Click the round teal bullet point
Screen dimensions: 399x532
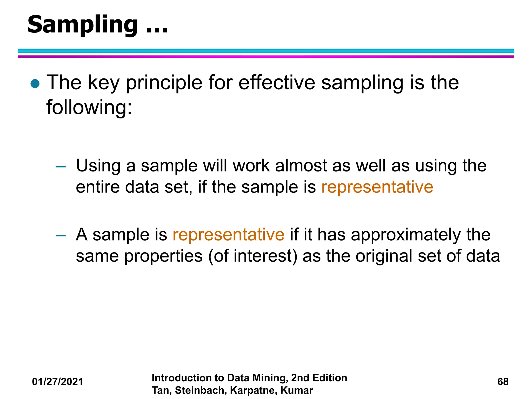pos(35,84)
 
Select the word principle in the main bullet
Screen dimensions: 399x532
pos(164,83)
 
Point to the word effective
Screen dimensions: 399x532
pos(277,83)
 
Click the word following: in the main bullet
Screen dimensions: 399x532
pos(89,108)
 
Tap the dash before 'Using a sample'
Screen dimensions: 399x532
pos(61,167)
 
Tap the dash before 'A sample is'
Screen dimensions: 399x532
pos(61,236)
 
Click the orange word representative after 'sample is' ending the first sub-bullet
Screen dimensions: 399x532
pos(377,187)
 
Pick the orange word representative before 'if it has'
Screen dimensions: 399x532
pos(228,235)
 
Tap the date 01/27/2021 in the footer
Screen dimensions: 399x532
pos(57,382)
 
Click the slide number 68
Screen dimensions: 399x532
pos(503,382)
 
